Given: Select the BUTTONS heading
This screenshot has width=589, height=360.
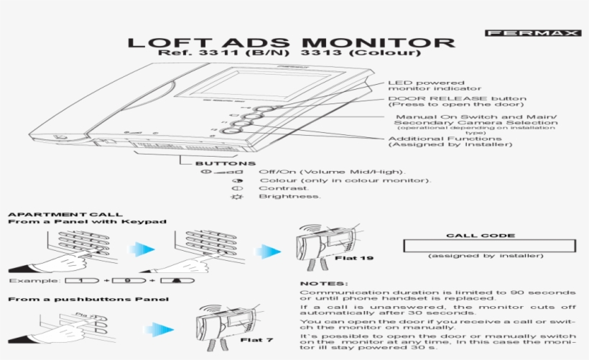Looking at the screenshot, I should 215,164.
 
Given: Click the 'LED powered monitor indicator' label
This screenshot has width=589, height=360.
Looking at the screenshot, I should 425,86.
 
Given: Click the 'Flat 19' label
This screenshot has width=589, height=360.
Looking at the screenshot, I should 354,257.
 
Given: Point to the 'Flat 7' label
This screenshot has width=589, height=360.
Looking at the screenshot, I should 256,339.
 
